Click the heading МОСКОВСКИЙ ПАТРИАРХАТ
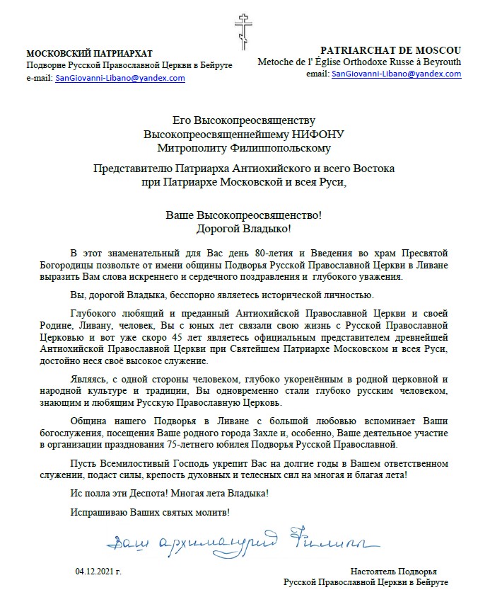89,54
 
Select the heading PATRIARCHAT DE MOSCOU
390,50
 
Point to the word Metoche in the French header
275,62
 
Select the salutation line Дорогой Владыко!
243,227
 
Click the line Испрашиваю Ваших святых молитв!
151,511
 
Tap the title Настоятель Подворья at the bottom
394,570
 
